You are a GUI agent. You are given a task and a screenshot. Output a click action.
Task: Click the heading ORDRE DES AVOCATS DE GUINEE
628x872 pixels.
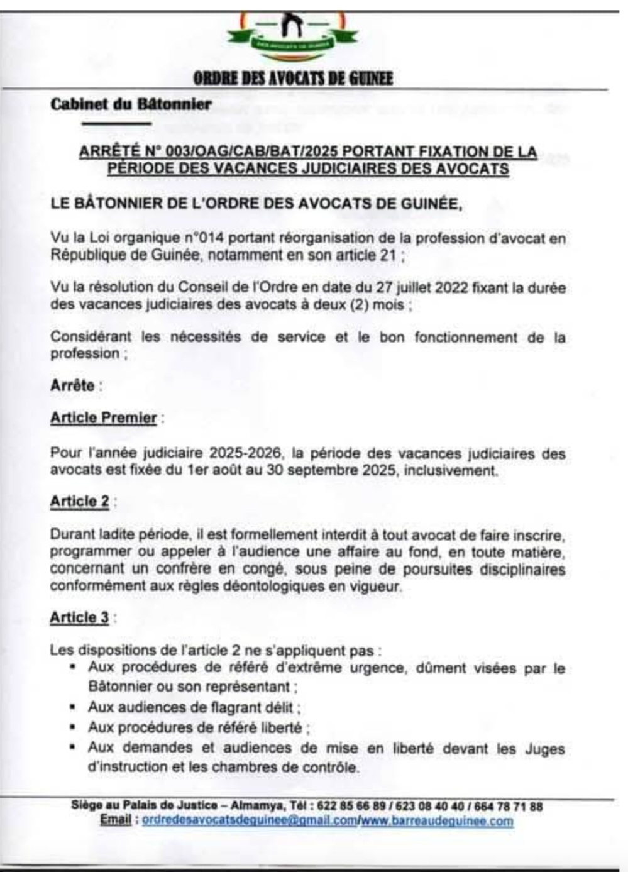point(292,79)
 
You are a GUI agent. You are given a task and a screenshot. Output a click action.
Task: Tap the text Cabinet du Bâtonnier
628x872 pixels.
point(131,104)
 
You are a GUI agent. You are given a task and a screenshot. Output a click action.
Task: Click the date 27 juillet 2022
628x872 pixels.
point(421,287)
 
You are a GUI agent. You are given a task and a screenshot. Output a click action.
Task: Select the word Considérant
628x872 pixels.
point(92,337)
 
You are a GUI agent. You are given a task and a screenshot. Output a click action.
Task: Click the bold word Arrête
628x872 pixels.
point(72,385)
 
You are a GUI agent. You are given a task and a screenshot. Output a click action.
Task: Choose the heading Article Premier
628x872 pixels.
point(104,418)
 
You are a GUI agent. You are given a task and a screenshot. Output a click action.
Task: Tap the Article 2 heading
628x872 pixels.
point(80,502)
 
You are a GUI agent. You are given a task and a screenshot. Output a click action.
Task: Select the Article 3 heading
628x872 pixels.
point(80,618)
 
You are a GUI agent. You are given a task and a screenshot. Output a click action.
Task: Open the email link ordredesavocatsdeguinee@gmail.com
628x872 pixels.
point(250,821)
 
